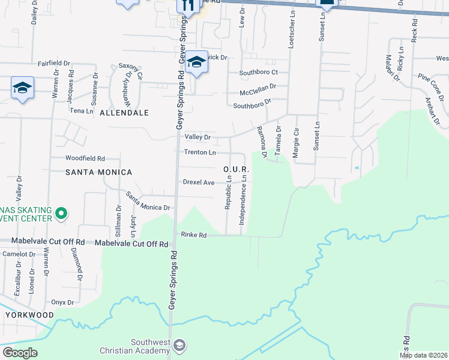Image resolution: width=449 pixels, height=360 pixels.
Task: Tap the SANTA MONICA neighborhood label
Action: [x=100, y=172]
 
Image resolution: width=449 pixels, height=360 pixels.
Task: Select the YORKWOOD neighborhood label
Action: [x=30, y=314]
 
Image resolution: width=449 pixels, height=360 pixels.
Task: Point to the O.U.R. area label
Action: [x=236, y=170]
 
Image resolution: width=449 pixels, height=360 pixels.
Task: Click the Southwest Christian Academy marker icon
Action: [x=179, y=344]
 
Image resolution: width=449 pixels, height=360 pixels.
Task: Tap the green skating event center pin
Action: [x=61, y=214]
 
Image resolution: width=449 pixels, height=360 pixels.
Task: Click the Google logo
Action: [x=20, y=353]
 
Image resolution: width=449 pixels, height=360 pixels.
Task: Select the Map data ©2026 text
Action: [x=424, y=355]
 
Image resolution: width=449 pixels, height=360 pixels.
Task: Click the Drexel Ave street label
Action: [x=199, y=182]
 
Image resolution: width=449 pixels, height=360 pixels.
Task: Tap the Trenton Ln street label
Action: [x=200, y=152]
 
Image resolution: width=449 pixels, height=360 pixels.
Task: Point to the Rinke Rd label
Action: [x=194, y=236]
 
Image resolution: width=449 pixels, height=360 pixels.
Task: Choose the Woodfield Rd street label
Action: [x=85, y=158]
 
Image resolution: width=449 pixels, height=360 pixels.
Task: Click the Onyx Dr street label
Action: [x=62, y=302]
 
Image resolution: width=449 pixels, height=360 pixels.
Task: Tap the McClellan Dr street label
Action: [x=258, y=86]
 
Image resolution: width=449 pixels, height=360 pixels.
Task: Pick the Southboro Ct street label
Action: [x=259, y=72]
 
